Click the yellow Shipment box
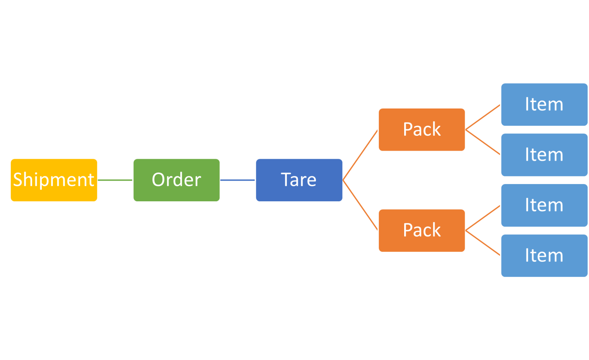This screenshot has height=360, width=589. tap(54, 180)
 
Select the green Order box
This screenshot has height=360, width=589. tap(176, 180)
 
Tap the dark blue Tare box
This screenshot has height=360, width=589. tap(299, 180)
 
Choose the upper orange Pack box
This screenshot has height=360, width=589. tap(422, 130)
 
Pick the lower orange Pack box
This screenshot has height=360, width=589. tap(422, 230)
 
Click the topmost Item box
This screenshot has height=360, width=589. tap(544, 104)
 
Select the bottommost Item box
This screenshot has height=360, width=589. tap(544, 255)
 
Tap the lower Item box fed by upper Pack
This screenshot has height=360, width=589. tap(544, 155)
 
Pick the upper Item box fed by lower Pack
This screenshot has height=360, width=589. tap(544, 205)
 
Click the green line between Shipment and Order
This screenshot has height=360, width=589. tap(115, 180)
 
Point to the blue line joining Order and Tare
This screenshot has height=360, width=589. tap(238, 180)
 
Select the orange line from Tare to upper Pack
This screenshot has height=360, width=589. tap(360, 155)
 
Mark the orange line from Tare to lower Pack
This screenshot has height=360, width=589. tap(360, 205)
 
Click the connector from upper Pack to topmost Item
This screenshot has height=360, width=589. tap(483, 117)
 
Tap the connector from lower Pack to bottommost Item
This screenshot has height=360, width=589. tap(483, 243)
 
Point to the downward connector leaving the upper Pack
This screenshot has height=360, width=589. tap(483, 142)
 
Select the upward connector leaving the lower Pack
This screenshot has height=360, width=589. tap(483, 218)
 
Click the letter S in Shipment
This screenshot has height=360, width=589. tap(18, 179)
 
